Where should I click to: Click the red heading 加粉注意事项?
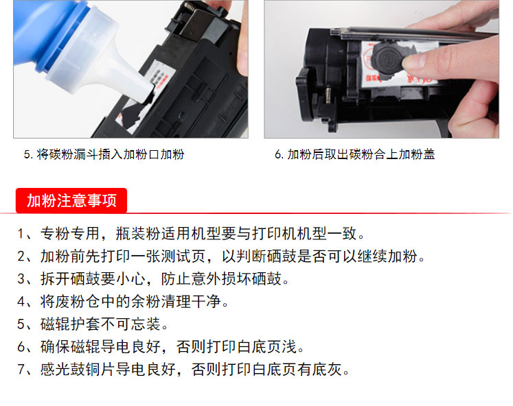[71, 200]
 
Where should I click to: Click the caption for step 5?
[104, 154]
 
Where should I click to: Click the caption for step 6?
[355, 154]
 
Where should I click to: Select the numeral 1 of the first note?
[21, 234]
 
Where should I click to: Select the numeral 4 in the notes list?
[21, 302]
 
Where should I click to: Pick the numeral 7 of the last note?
[21, 370]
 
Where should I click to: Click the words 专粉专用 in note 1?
[69, 234]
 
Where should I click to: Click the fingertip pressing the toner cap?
[413, 60]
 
